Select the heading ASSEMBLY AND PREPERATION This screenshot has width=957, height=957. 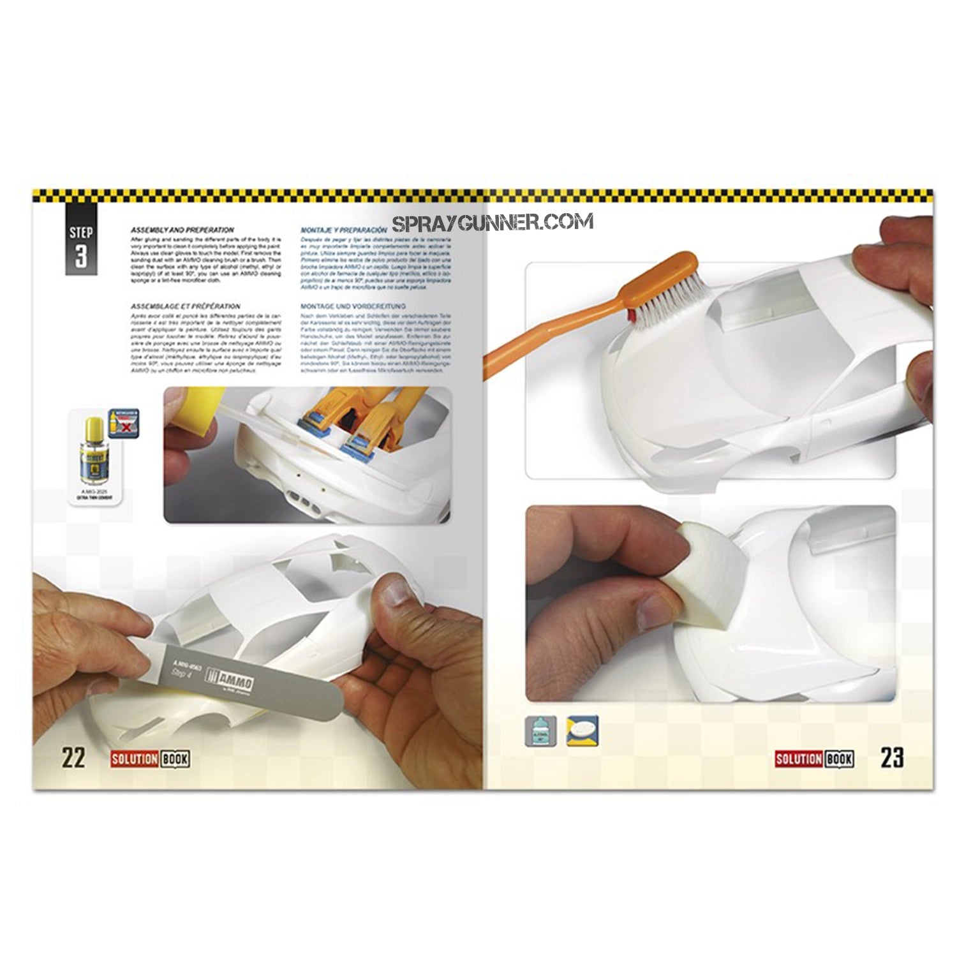[x=182, y=230]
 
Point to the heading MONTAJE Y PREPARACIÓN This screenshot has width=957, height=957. [x=343, y=229]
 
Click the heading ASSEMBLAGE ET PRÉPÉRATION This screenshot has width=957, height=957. [x=185, y=306]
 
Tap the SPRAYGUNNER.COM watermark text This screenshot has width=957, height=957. [x=492, y=222]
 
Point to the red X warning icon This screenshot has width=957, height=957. [x=124, y=423]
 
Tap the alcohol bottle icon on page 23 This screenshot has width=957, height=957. [x=541, y=731]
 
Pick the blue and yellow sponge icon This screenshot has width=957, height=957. [x=582, y=731]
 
